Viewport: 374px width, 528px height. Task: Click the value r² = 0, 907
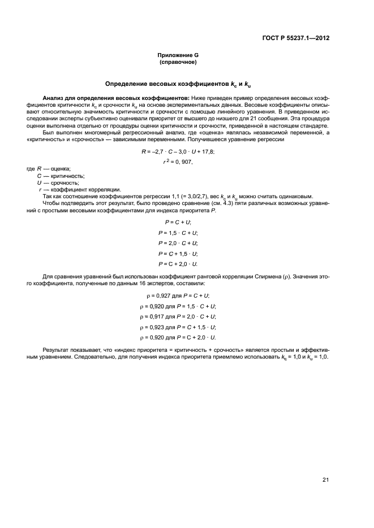[178, 162]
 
